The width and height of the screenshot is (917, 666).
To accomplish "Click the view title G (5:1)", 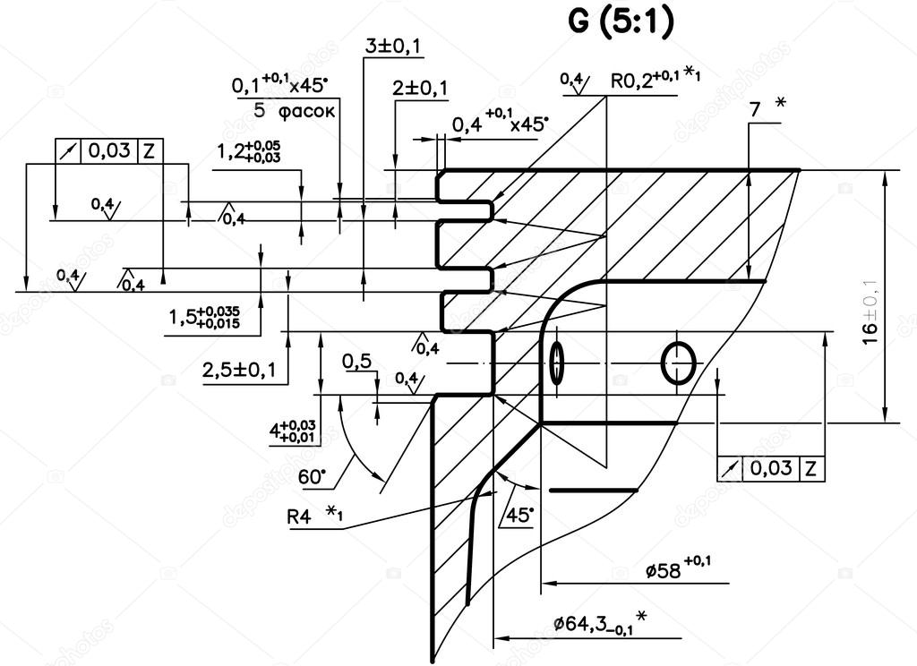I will pos(620,22).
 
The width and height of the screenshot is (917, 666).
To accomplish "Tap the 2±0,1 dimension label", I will pos(420,88).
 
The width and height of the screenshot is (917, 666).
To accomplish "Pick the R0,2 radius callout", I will pos(655,79).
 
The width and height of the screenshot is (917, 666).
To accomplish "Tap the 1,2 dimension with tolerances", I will pos(248,151).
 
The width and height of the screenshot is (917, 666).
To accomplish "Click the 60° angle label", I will pos(312,477).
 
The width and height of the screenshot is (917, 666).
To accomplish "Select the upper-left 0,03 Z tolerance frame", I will pos(107,151).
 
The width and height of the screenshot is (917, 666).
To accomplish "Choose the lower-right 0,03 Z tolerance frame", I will pos(771,467).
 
